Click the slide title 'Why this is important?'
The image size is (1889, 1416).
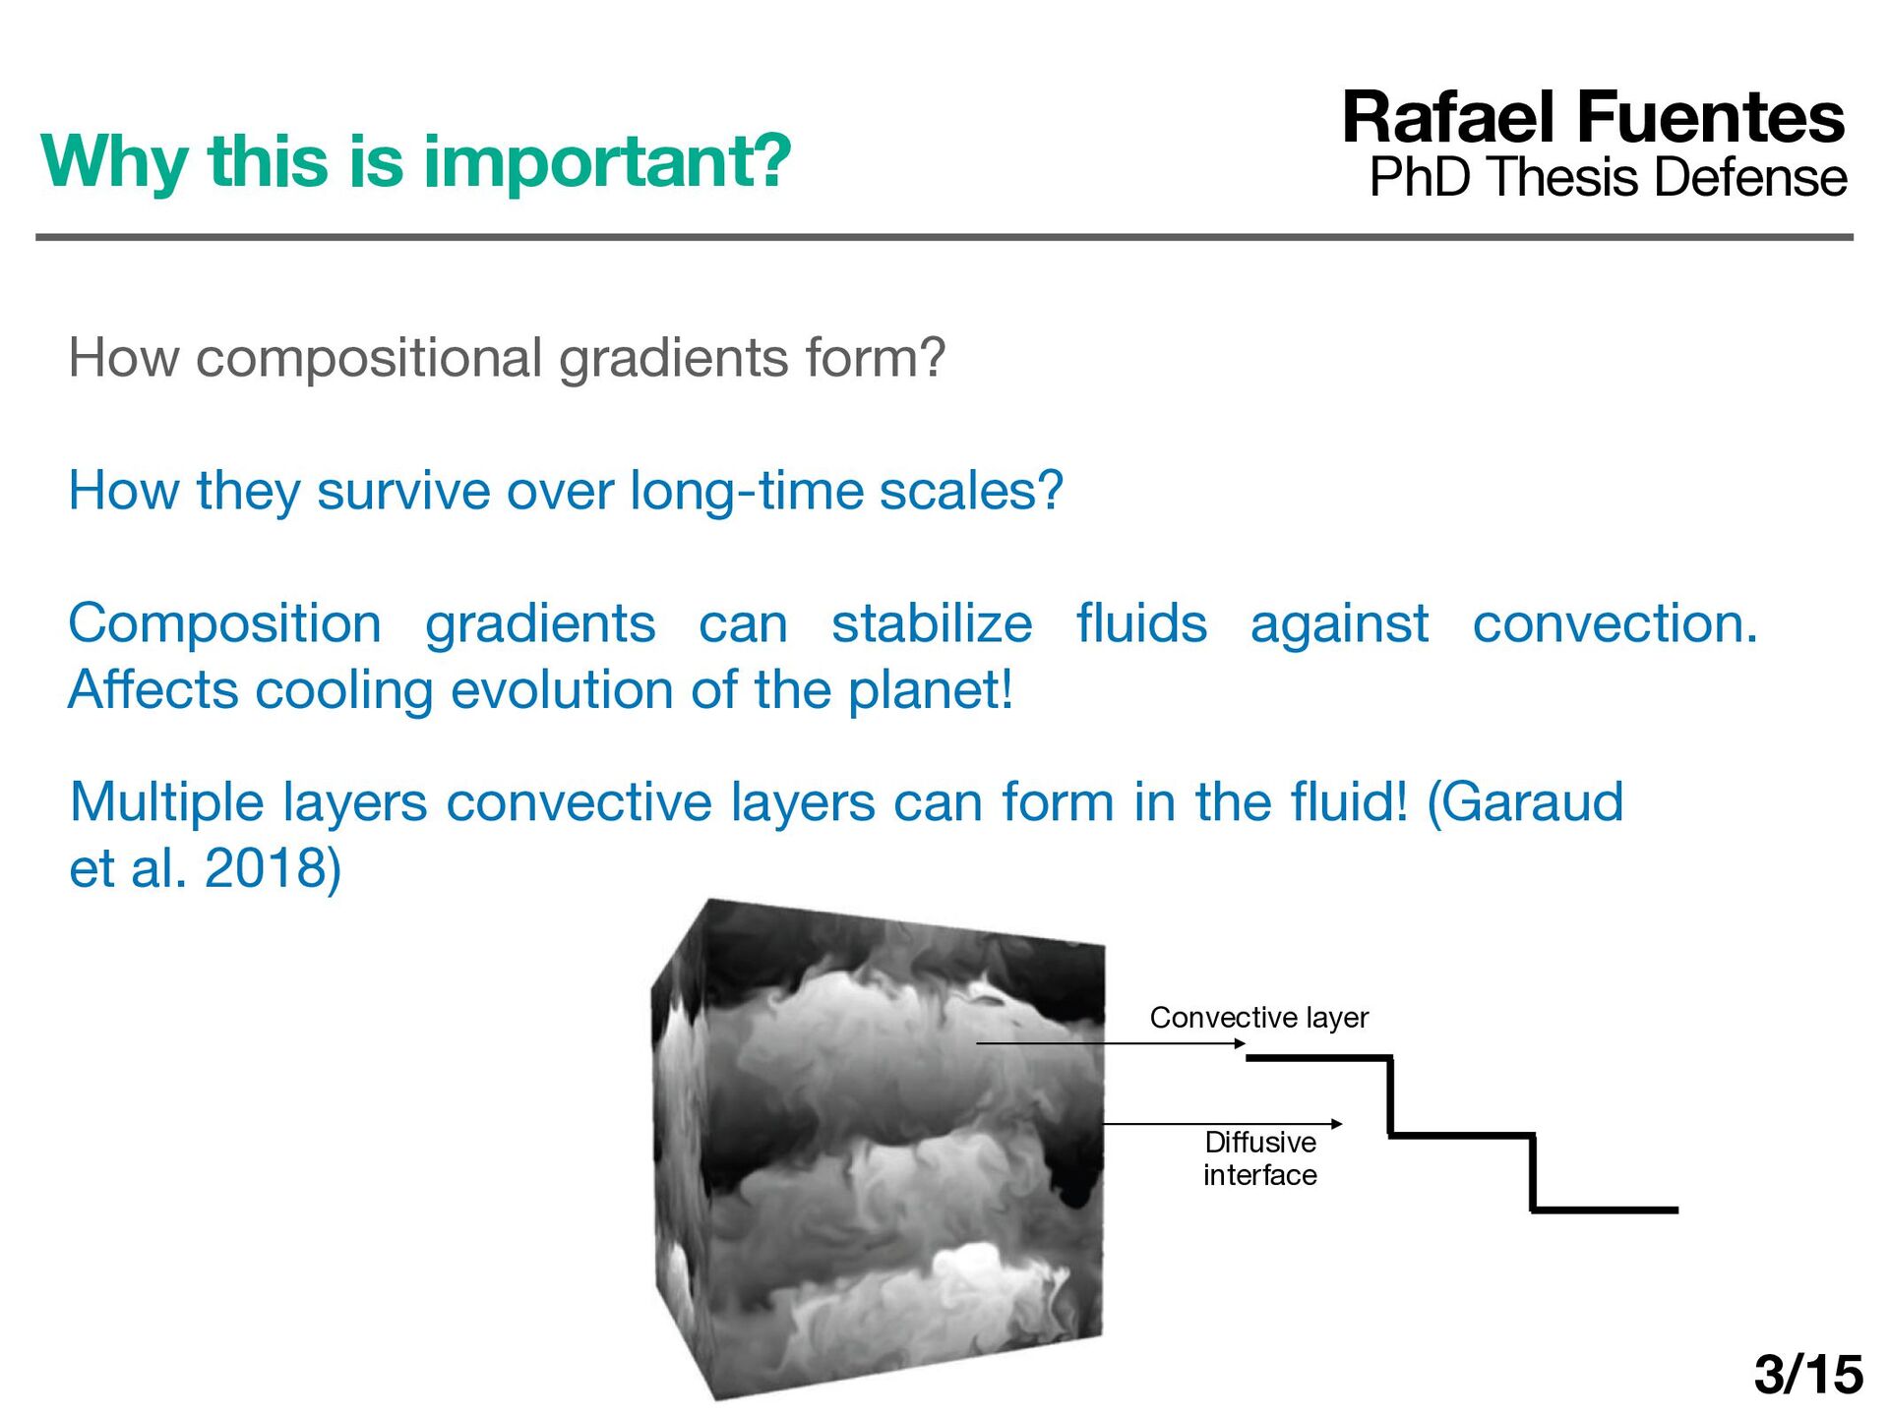[x=416, y=162]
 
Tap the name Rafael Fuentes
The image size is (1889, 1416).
[x=1594, y=117]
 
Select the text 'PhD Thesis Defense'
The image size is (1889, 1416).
[x=1609, y=177]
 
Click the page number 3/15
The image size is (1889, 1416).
[x=1808, y=1374]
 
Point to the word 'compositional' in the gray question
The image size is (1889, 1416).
[x=369, y=358]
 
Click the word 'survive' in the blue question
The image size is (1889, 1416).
[x=402, y=490]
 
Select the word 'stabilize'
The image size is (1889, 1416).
[x=932, y=623]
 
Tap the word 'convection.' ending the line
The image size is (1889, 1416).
[x=1615, y=623]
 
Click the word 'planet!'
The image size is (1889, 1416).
[x=930, y=690]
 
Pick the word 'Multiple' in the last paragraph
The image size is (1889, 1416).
[x=167, y=802]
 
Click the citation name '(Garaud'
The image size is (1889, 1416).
[x=1524, y=802]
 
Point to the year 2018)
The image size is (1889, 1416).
[x=273, y=868]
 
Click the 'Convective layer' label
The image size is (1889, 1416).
[x=1259, y=1017]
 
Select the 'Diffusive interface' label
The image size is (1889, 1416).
[x=1260, y=1158]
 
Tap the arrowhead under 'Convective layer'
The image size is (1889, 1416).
[x=1241, y=1043]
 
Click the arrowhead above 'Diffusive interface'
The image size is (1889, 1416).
[x=1336, y=1124]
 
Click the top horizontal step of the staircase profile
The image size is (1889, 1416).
[x=1318, y=1058]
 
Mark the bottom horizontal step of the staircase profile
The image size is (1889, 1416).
[x=1604, y=1209]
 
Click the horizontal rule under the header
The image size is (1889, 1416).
[x=944, y=237]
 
